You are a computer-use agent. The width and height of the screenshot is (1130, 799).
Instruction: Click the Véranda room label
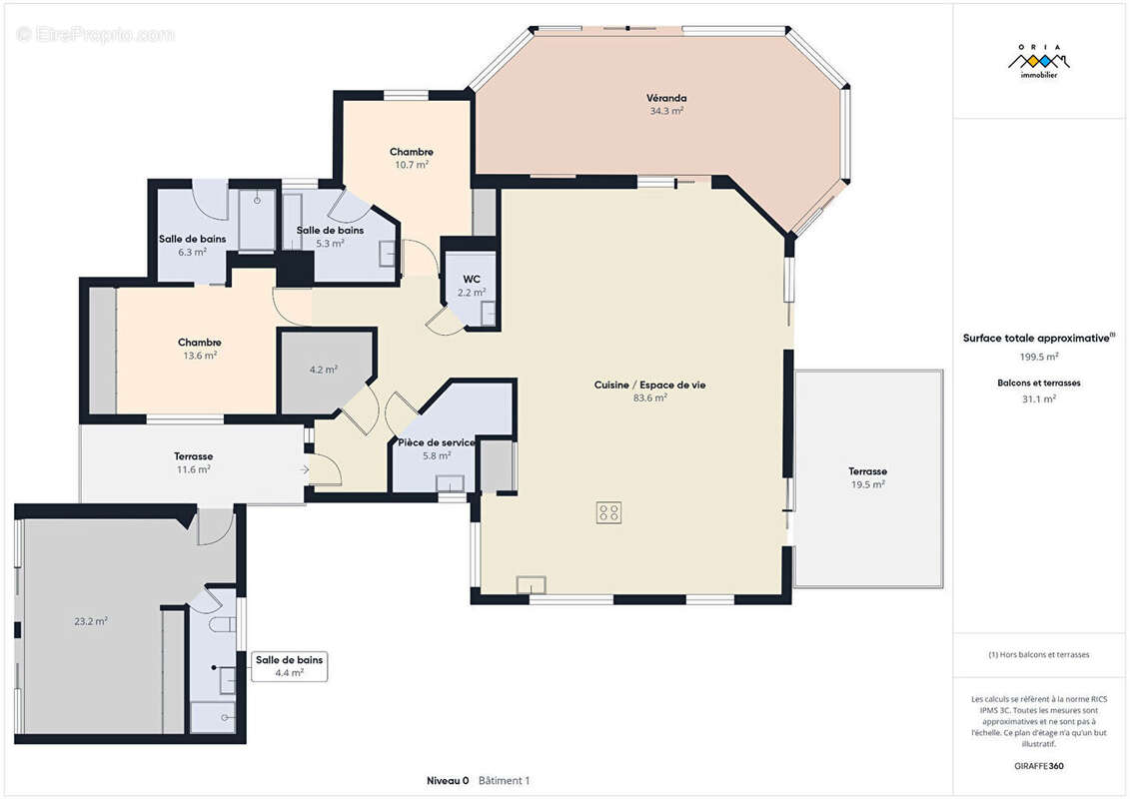pos(665,98)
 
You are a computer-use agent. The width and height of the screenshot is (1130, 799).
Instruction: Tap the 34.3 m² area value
pos(665,111)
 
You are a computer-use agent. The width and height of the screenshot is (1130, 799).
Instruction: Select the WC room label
pos(472,279)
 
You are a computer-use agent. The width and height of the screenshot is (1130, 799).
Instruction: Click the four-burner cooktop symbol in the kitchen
pos(608,512)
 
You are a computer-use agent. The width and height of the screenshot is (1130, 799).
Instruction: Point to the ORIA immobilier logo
pos(1038,61)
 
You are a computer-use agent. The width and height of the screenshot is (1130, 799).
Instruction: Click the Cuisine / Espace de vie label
pos(649,385)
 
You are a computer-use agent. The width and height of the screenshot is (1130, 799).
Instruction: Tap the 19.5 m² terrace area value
pos(867,484)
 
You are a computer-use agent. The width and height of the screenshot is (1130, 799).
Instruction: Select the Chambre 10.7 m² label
pos(412,158)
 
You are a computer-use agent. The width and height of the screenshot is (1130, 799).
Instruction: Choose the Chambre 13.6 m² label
pos(200,349)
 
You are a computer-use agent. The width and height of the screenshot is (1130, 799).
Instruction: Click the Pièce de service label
pos(436,442)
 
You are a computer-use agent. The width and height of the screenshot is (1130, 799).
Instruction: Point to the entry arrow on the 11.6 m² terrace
pos(305,469)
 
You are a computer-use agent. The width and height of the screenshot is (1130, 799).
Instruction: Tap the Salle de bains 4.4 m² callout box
pos(289,666)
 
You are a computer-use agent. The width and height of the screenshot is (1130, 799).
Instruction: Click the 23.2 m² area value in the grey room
pos(91,621)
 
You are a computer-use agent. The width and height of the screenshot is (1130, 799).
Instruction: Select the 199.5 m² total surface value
pos(1038,357)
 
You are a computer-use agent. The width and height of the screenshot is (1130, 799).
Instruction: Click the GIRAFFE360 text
pos(1038,766)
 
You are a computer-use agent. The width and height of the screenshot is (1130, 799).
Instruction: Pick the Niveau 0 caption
pos(448,780)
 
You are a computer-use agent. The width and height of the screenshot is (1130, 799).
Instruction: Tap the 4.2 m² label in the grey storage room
pos(324,370)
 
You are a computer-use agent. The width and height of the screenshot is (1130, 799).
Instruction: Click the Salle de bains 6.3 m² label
pos(193,245)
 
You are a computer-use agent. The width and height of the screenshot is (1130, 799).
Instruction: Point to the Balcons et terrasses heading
pos(1038,383)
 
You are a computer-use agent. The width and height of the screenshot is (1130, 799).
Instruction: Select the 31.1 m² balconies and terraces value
pos(1038,399)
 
